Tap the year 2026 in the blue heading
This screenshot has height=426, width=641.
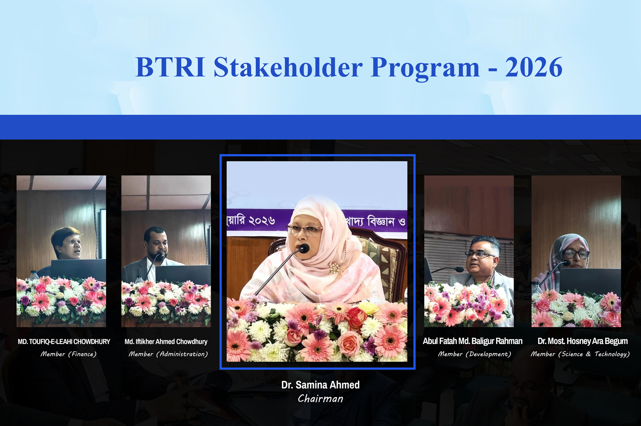[534, 67]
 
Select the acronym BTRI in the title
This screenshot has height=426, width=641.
[171, 67]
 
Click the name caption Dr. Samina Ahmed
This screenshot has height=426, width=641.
[320, 385]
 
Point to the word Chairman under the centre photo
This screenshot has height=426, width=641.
[320, 398]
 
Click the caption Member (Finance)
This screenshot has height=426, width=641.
[68, 354]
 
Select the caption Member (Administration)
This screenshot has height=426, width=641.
[168, 354]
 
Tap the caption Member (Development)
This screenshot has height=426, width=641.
[474, 354]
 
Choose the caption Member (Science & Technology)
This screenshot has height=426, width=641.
[580, 354]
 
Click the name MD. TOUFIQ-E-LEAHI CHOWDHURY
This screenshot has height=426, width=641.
[64, 342]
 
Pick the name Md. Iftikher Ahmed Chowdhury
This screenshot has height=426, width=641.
[166, 342]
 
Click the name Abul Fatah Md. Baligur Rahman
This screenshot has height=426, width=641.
[473, 341]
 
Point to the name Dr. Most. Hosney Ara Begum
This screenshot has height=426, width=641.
[583, 341]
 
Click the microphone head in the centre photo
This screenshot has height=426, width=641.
[304, 248]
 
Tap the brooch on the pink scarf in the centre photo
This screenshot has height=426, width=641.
[335, 268]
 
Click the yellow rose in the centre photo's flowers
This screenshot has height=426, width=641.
[369, 308]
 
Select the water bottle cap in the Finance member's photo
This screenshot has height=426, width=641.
[34, 272]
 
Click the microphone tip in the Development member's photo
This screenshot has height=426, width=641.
[460, 269]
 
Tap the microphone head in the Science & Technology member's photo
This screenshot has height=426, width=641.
[567, 263]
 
